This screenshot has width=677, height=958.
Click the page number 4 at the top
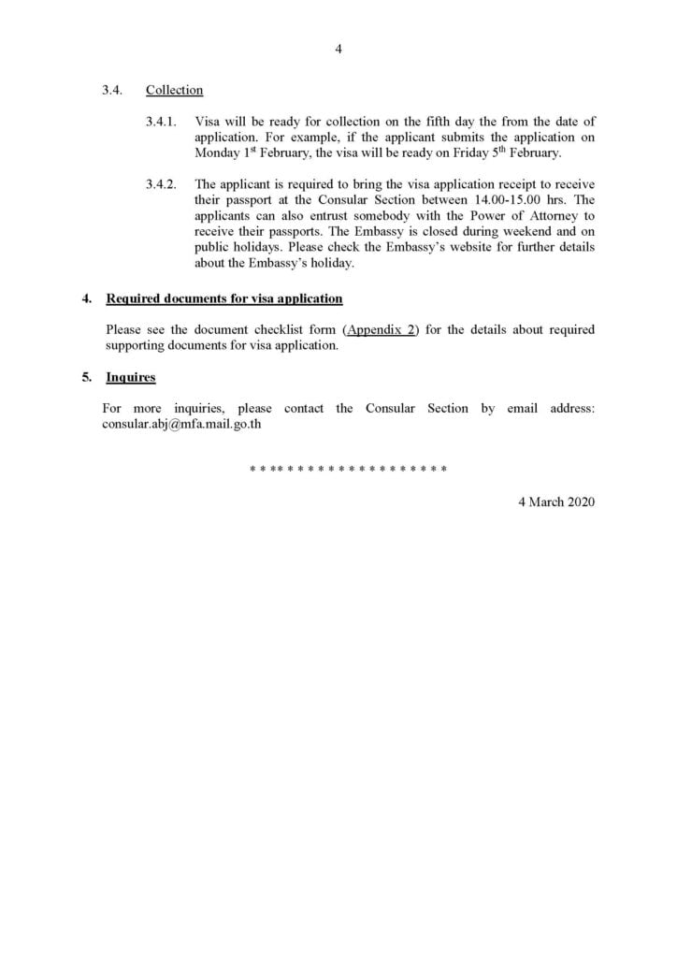coord(338,51)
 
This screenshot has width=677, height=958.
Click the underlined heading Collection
coord(174,91)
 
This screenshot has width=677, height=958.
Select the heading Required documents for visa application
coord(224,299)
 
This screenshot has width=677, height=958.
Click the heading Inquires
coord(131,377)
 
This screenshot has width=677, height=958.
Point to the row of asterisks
coord(347,468)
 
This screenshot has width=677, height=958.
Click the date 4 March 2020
coord(556,501)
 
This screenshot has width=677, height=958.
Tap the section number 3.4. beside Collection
coord(112,91)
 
